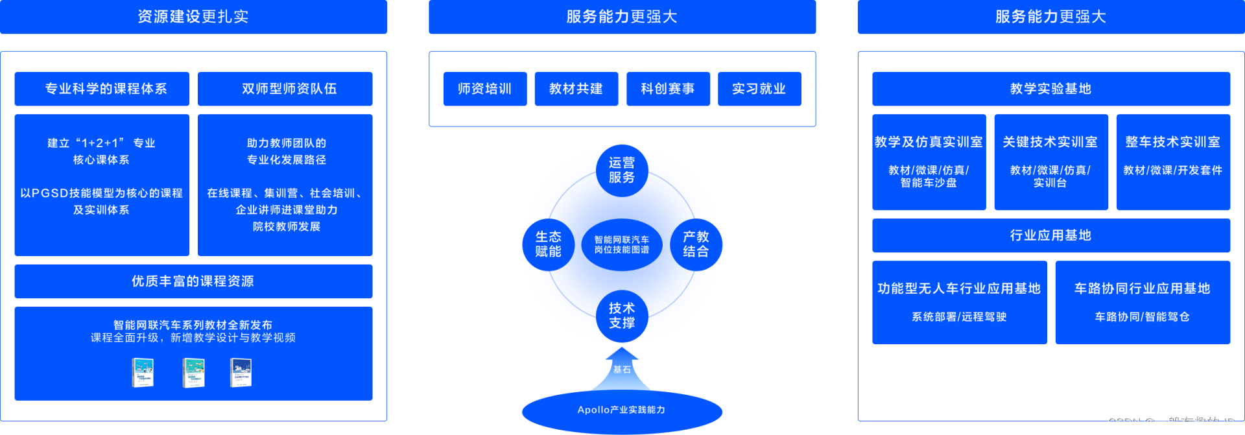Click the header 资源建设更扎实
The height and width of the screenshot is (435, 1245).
pos(193,17)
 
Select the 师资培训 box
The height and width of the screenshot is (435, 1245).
pos(485,89)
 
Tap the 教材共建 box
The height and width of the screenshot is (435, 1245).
pos(576,89)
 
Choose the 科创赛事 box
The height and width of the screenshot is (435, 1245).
pos(668,89)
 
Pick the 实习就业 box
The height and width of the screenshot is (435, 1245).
pos(759,89)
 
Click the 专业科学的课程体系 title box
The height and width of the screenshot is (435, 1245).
pos(102,89)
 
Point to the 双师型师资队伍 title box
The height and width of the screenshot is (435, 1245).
pos(285,89)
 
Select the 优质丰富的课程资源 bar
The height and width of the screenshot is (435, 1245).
pos(193,281)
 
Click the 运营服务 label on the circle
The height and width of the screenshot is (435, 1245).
pos(621,170)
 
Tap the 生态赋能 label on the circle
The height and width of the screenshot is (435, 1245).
pos(548,244)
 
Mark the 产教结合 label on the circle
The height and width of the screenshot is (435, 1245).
pos(696,244)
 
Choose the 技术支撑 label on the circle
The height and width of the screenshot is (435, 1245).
pos(621,315)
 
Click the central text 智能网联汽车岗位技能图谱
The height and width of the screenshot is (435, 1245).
pos(621,244)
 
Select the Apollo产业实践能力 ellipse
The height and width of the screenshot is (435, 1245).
pos(621,410)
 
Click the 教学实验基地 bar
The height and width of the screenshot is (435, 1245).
pos(1050,89)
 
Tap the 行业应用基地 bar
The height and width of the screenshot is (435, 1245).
pos(1050,235)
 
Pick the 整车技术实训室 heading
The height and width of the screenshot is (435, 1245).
pos(1172,142)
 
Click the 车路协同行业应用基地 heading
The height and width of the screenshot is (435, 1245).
pos(1142,288)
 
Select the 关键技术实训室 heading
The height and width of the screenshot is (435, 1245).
pos(1050,142)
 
